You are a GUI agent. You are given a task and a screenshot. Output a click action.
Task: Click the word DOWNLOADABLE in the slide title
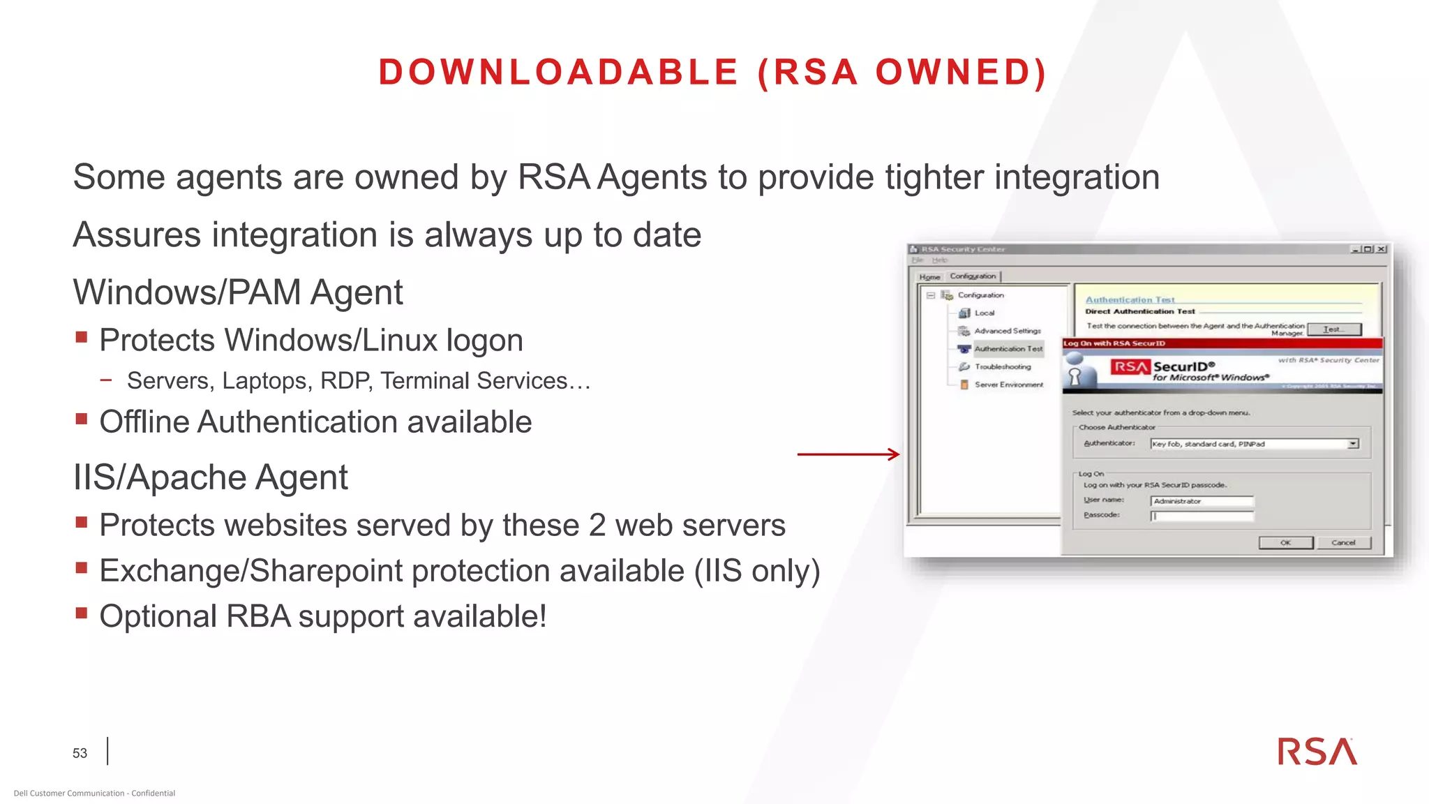558,73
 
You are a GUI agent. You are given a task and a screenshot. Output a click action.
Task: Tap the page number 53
80,753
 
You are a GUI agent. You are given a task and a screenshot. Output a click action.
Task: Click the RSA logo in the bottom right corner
1317,752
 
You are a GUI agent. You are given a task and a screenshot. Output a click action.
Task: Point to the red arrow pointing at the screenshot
848,454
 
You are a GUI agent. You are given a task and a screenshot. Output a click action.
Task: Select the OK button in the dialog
1285,543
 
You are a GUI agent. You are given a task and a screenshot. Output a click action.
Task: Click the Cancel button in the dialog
1343,543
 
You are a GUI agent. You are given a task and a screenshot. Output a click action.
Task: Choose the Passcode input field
1202,516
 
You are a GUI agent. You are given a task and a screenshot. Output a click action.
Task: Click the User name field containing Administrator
1202,501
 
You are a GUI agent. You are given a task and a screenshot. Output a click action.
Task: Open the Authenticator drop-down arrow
1353,444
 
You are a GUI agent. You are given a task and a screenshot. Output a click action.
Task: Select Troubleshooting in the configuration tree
1003,367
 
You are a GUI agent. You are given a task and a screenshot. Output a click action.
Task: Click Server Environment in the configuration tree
1008,385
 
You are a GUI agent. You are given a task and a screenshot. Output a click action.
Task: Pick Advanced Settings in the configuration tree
1007,331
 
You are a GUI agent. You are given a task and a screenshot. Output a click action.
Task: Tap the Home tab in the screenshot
929,277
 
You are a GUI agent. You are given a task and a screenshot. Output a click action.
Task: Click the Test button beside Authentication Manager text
1333,329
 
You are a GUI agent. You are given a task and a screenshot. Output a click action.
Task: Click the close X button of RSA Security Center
1381,249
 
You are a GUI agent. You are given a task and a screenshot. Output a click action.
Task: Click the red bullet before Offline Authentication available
82,419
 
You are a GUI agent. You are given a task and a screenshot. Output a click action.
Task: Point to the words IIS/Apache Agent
210,477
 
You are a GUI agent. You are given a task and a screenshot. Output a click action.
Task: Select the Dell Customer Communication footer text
94,793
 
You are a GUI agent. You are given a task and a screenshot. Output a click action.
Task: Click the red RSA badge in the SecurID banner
1130,367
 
